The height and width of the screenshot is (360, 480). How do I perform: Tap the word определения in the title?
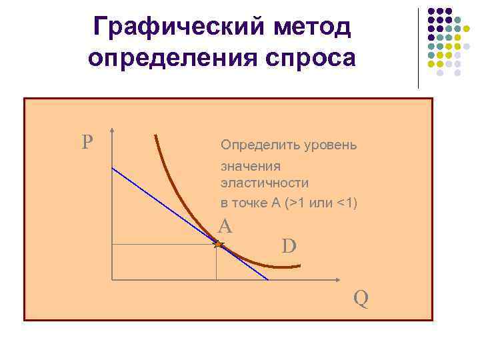(x=171, y=59)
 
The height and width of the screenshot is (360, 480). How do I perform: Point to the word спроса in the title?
(x=309, y=59)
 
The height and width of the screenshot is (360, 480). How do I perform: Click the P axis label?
(x=87, y=142)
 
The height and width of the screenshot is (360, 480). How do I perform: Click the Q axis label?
(x=361, y=297)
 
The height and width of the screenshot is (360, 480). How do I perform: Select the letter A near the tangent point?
(x=225, y=227)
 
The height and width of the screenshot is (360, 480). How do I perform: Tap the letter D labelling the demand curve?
(x=289, y=247)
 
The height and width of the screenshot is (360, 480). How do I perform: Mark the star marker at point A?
(x=217, y=245)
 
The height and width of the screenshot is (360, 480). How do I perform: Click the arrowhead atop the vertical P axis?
(x=112, y=131)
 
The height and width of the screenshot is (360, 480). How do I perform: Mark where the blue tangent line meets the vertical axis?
(x=112, y=168)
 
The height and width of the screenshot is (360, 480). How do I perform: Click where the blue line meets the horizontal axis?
(x=268, y=279)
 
